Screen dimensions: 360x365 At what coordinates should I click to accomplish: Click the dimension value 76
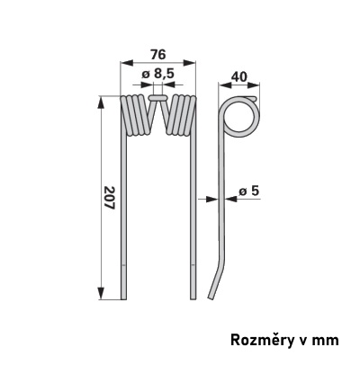[x=157, y=55]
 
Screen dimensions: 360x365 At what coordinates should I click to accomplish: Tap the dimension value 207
[x=110, y=198]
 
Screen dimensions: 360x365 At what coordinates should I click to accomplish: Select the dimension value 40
[x=239, y=77]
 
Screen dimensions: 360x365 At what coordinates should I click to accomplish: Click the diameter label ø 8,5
[x=157, y=74]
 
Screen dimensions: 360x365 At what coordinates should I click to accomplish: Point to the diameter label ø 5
[x=249, y=191]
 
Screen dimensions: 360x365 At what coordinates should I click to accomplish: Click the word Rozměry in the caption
[x=258, y=341]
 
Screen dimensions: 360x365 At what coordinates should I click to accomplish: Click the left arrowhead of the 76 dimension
[x=126, y=63]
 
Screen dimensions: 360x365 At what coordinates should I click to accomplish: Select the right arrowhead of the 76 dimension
[x=189, y=63]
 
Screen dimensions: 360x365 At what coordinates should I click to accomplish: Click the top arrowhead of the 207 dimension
[x=101, y=102]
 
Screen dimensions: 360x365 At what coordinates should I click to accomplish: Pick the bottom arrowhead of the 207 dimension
[x=101, y=293]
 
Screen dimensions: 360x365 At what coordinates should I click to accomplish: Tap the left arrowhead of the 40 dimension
[x=225, y=85]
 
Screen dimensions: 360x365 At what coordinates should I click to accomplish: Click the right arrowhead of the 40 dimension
[x=254, y=85]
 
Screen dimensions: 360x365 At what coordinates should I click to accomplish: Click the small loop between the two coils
[x=158, y=98]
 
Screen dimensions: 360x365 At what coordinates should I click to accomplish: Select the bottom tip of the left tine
[x=123, y=299]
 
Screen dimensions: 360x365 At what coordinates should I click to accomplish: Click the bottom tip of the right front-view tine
[x=193, y=299]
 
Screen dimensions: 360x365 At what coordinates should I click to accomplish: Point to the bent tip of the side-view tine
[x=211, y=298]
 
